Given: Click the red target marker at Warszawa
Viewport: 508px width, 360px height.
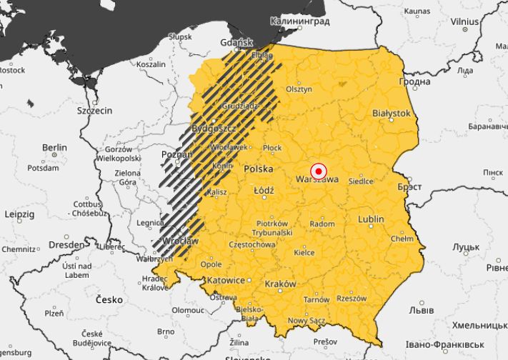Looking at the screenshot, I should (319, 171).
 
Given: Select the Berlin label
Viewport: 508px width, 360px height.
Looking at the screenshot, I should (54, 148).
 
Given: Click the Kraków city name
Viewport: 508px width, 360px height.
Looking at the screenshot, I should (280, 284).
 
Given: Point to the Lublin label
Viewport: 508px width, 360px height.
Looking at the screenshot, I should (371, 219).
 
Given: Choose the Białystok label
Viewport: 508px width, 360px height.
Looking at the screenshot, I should (392, 114).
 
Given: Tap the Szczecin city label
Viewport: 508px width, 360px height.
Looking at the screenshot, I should (95, 111).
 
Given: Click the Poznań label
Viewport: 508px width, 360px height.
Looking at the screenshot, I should (175, 154).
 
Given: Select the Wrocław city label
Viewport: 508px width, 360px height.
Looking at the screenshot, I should (181, 241).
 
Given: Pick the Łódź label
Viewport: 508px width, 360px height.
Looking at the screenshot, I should (264, 191).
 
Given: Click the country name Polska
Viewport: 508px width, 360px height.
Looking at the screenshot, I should (259, 169).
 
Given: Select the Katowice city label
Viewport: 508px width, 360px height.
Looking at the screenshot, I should (226, 280).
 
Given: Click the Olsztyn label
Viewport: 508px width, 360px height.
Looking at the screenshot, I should (299, 90).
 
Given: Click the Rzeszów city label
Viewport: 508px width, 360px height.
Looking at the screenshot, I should (352, 298).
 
